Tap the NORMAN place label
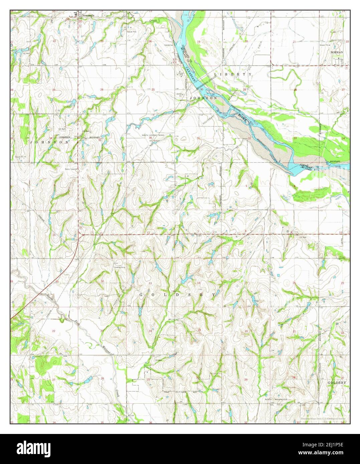coord(337,52)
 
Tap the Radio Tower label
coord(71,169)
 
